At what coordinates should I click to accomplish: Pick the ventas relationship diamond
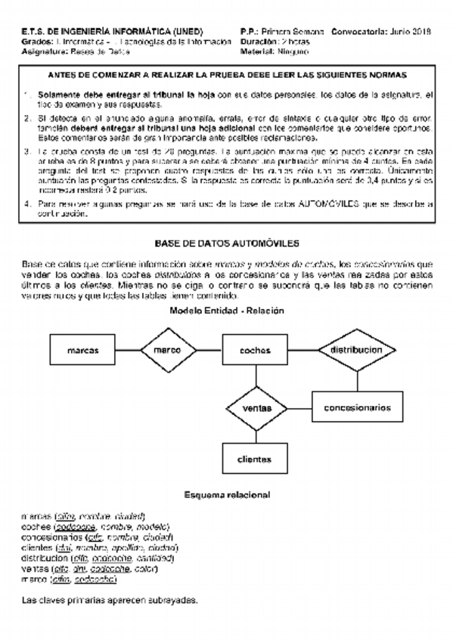click(x=256, y=407)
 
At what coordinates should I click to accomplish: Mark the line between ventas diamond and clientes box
click(x=256, y=436)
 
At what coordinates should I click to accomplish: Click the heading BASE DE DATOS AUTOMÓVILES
click(x=227, y=243)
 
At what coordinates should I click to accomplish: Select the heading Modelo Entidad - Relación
click(x=226, y=311)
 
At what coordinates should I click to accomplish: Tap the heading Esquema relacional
click(x=227, y=495)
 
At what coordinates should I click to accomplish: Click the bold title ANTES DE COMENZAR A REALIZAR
click(x=227, y=76)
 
